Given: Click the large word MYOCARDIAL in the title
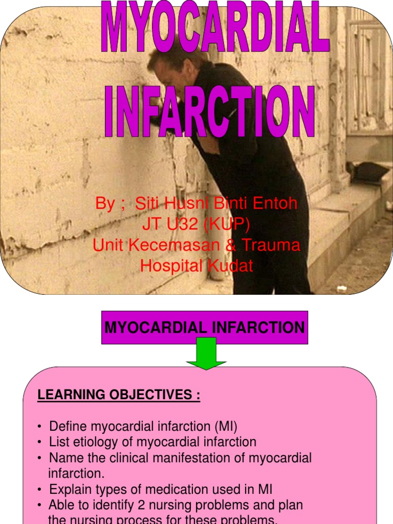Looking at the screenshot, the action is (x=215, y=26).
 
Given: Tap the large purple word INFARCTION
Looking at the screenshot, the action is (x=210, y=112).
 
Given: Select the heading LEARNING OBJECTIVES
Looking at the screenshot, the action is (x=119, y=395).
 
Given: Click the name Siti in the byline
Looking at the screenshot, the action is (x=147, y=203).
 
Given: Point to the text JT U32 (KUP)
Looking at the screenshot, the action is (x=196, y=224).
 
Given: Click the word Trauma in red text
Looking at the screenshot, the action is (x=271, y=245).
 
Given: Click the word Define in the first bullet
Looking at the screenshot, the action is (x=68, y=426).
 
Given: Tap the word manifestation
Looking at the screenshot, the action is (x=198, y=458).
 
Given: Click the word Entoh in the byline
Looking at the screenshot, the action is (x=275, y=203).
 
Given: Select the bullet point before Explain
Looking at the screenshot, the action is (x=40, y=490).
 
